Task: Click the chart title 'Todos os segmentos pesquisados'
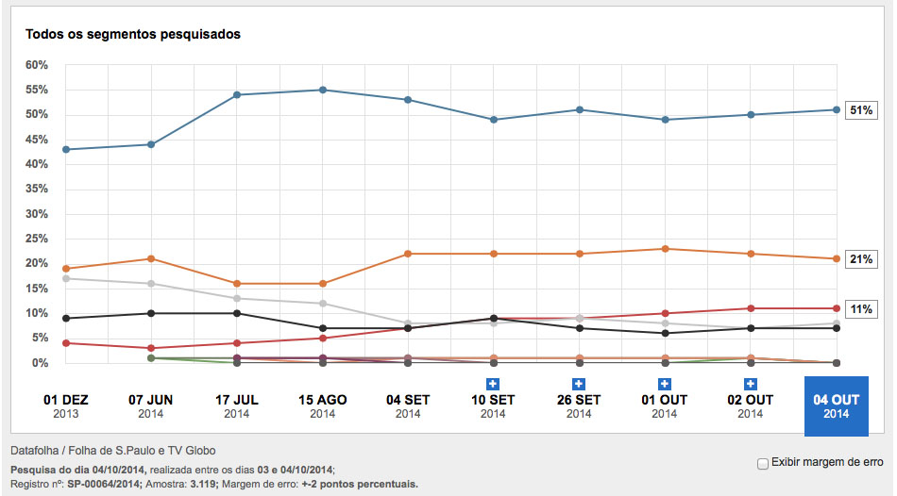[132, 35]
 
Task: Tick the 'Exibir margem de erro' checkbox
[763, 463]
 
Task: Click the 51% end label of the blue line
[860, 110]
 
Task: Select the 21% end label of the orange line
[860, 259]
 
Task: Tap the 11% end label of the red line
[860, 309]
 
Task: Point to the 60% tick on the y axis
[37, 65]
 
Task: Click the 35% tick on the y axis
[37, 190]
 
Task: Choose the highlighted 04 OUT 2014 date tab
[836, 406]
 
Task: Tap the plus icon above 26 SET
[579, 383]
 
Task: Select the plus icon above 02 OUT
[750, 383]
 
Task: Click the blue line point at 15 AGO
[323, 90]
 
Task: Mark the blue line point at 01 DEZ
[65, 149]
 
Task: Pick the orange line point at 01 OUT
[665, 249]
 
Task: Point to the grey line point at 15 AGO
[323, 304]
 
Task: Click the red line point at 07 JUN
[151, 348]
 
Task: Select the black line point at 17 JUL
[237, 313]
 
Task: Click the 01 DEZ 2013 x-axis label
[64, 406]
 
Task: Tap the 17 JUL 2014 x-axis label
[237, 406]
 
